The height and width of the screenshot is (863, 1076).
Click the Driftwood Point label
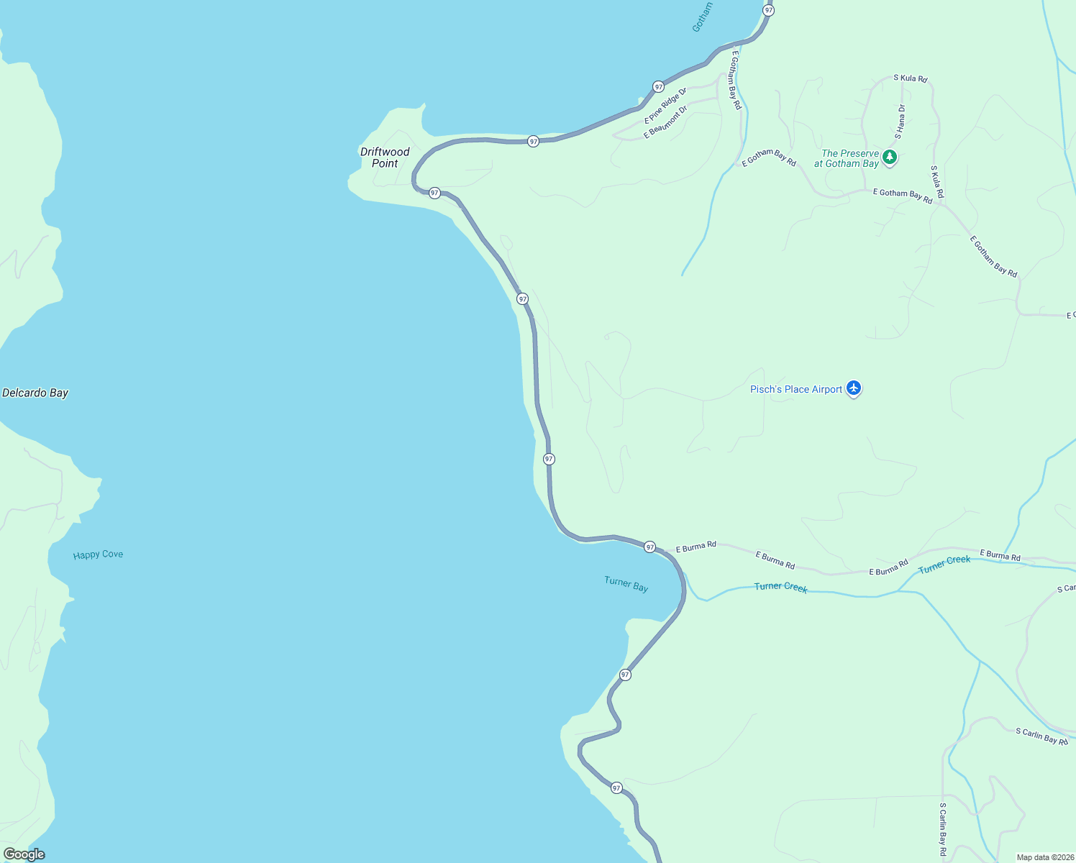(x=385, y=157)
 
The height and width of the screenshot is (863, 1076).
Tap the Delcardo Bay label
(x=35, y=393)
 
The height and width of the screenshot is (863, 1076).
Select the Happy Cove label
(x=98, y=554)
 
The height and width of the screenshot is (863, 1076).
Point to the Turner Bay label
(x=626, y=584)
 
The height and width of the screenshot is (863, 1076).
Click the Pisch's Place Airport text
(x=795, y=389)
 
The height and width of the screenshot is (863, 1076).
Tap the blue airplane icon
(x=854, y=388)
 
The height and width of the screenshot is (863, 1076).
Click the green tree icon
(x=890, y=157)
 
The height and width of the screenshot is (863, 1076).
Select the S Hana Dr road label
(x=900, y=122)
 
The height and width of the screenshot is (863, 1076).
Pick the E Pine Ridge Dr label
(x=665, y=106)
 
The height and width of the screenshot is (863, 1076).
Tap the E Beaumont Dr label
(x=665, y=122)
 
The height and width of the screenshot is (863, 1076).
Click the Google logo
(x=24, y=854)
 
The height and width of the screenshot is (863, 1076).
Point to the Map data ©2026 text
(x=1045, y=857)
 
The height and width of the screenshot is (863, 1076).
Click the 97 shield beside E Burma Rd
(x=650, y=547)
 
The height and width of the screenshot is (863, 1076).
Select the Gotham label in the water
(x=702, y=17)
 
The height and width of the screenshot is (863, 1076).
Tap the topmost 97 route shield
(x=769, y=10)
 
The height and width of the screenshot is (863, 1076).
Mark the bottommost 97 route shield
(x=616, y=787)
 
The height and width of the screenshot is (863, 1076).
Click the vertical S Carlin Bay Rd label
(x=943, y=829)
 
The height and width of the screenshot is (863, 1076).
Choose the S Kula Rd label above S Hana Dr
(x=910, y=78)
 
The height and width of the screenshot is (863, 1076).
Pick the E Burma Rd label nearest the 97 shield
(x=696, y=547)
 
